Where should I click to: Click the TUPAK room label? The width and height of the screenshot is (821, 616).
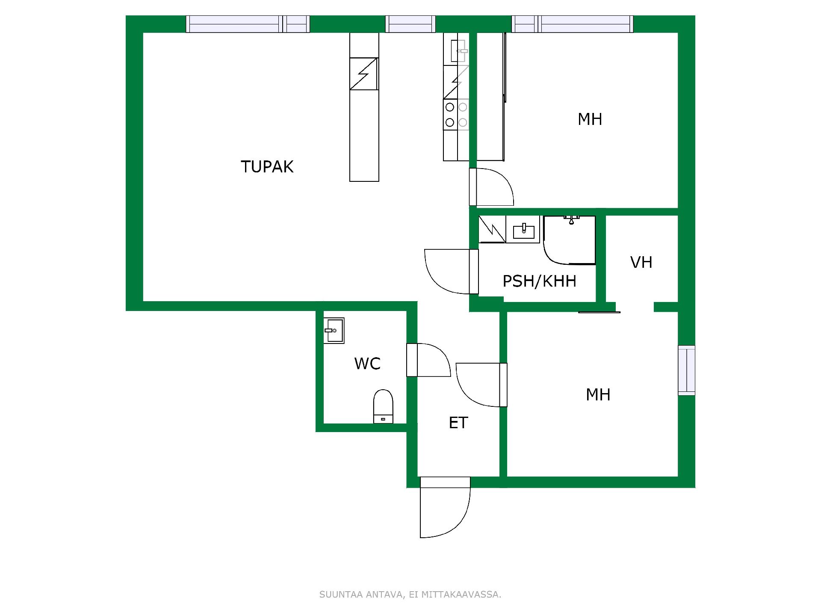(267, 167)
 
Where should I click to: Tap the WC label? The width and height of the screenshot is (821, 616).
(367, 364)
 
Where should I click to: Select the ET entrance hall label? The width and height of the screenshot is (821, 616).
(458, 423)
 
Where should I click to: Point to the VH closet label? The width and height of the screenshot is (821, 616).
(641, 262)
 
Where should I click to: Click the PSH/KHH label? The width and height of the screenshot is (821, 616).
(539, 281)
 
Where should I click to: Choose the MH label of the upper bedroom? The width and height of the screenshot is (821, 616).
(590, 119)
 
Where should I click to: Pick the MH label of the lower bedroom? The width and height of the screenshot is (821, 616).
(598, 394)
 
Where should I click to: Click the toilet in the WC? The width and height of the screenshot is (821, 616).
(383, 406)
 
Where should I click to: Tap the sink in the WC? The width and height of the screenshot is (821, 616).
(334, 330)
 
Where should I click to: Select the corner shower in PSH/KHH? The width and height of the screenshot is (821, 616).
(570, 240)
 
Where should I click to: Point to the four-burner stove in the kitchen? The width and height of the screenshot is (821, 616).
(456, 115)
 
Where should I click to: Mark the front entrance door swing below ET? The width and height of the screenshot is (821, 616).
(445, 507)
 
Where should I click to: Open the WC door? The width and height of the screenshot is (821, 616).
(428, 360)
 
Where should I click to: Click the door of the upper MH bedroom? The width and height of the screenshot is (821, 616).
(491, 187)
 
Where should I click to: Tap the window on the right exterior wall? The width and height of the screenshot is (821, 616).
(686, 370)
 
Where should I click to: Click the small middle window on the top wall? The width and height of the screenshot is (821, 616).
(410, 24)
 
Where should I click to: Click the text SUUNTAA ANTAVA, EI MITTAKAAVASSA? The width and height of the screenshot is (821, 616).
(410, 594)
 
